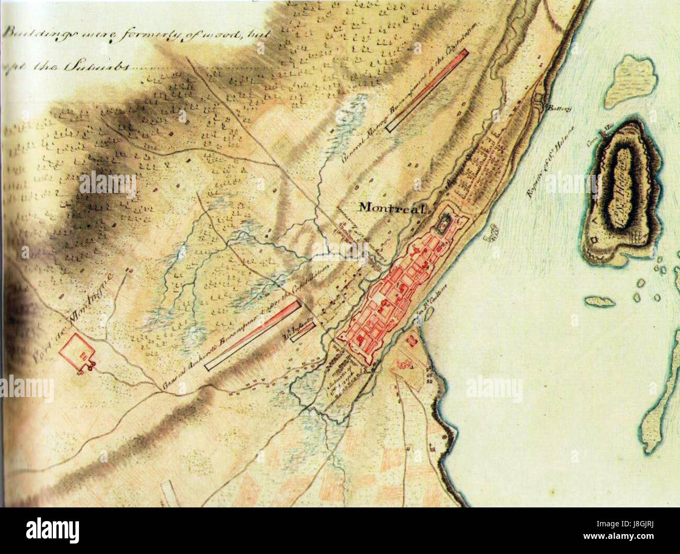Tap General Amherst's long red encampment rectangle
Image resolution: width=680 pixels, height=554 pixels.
tap(253, 335)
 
